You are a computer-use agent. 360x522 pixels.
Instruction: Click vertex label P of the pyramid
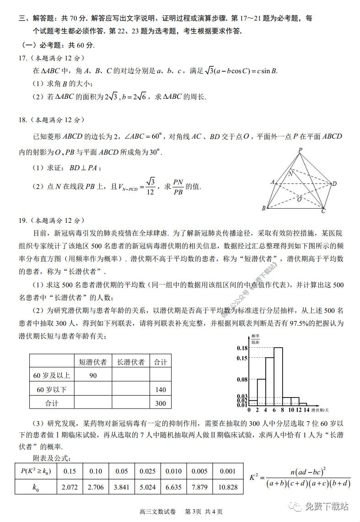(x=300, y=150)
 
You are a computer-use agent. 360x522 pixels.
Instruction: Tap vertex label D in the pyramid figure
(x=334, y=183)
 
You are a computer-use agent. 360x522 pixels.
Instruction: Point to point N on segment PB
(x=290, y=173)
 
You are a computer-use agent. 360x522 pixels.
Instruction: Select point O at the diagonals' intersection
(x=299, y=199)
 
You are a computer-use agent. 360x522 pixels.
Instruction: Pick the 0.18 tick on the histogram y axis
(x=242, y=348)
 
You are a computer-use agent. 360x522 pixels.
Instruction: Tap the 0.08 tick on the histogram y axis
(x=242, y=380)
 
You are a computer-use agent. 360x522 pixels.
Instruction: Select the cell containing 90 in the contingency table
(x=93, y=376)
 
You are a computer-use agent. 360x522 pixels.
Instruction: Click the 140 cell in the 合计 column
(x=161, y=390)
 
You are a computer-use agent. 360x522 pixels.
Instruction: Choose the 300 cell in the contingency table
(x=161, y=404)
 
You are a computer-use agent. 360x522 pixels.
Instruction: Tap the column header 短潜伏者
(x=93, y=362)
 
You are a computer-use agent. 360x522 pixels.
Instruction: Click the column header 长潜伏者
(x=131, y=362)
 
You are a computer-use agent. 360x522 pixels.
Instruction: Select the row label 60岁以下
(x=52, y=390)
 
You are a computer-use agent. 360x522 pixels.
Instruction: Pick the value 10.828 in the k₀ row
(x=228, y=487)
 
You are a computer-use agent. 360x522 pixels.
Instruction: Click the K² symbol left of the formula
(x=255, y=477)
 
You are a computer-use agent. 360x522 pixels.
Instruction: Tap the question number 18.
(x=23, y=120)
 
